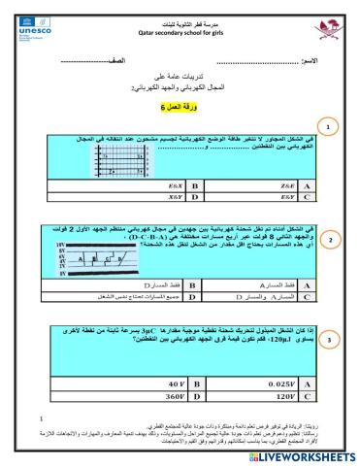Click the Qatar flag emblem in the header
pyautogui.click(x=330, y=21)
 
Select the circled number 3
pyautogui.click(x=330, y=341)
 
